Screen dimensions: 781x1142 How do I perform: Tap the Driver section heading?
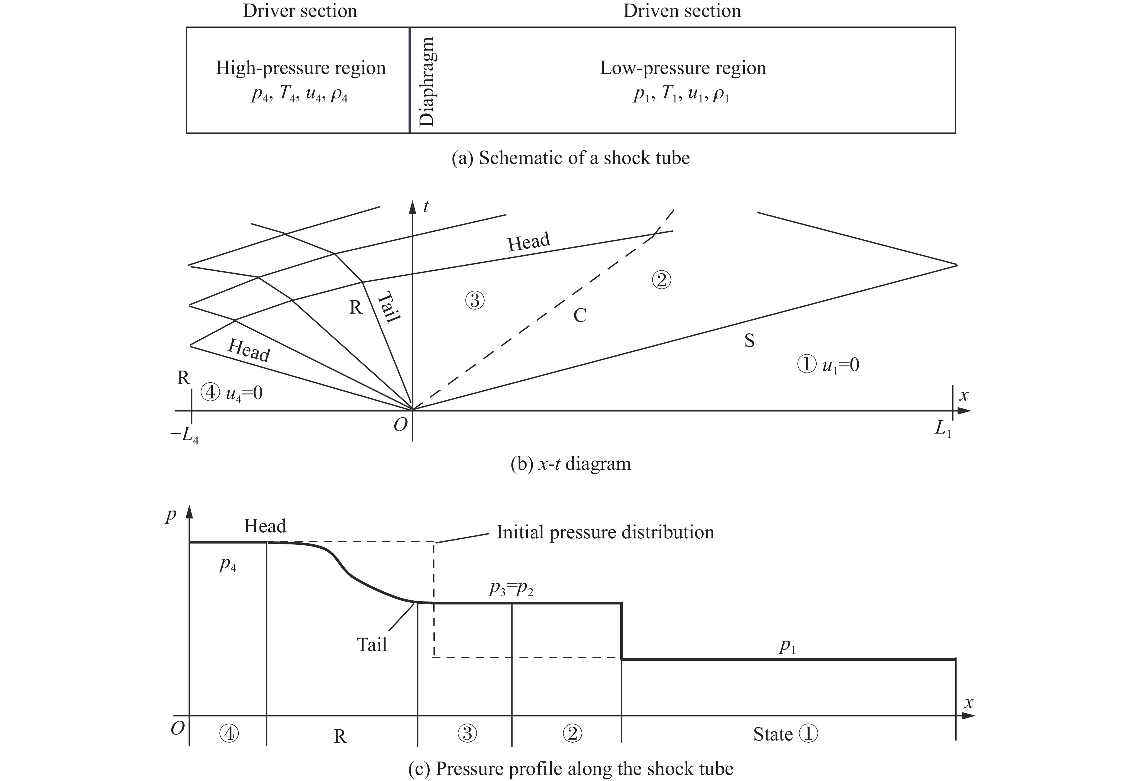[x=300, y=11]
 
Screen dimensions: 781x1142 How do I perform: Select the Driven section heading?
[x=682, y=11]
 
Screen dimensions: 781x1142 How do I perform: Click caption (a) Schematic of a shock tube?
[x=570, y=158]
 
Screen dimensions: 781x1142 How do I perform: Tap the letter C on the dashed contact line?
[x=580, y=315]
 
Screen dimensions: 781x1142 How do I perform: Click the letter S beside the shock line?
[x=749, y=340]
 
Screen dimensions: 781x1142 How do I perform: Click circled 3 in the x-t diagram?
[x=475, y=300]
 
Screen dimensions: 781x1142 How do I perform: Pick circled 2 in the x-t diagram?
[x=661, y=280]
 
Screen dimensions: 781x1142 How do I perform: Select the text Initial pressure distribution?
[x=605, y=532]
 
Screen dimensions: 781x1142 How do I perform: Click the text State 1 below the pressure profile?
[x=785, y=734]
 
